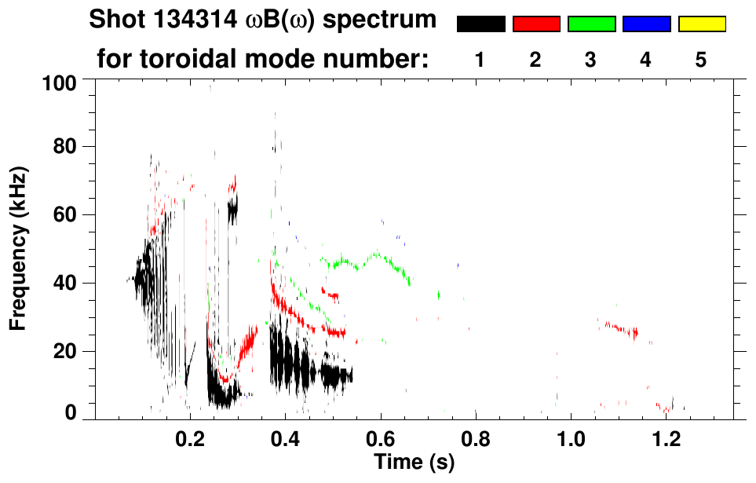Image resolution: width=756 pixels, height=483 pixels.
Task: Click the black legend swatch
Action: tap(480, 24)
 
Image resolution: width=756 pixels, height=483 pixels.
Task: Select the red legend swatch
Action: tap(536, 24)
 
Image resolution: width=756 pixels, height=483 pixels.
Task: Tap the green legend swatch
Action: tap(591, 24)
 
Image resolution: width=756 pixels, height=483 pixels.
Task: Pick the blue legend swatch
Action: tap(646, 24)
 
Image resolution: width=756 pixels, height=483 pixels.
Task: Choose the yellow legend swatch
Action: tap(702, 24)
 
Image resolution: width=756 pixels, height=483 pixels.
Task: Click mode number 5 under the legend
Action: tap(701, 60)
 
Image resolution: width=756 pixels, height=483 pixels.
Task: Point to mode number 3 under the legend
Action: tap(590, 60)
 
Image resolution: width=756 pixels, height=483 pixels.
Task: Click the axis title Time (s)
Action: tap(414, 463)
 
